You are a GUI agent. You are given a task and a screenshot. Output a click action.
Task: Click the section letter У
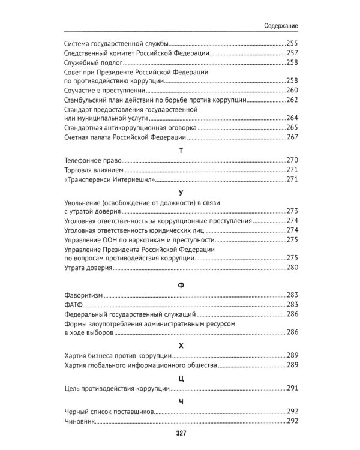(180, 193)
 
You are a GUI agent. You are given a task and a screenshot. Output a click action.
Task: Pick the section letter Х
(180, 344)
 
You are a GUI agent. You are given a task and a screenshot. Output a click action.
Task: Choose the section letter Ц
(180, 377)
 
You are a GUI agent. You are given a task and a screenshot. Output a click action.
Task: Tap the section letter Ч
(180, 400)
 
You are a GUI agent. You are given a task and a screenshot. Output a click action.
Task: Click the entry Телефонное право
(92, 161)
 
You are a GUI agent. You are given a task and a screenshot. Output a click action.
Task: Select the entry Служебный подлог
(93, 62)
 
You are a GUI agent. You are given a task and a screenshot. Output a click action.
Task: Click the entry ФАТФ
(73, 304)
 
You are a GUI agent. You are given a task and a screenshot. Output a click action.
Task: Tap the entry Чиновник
(80, 422)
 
